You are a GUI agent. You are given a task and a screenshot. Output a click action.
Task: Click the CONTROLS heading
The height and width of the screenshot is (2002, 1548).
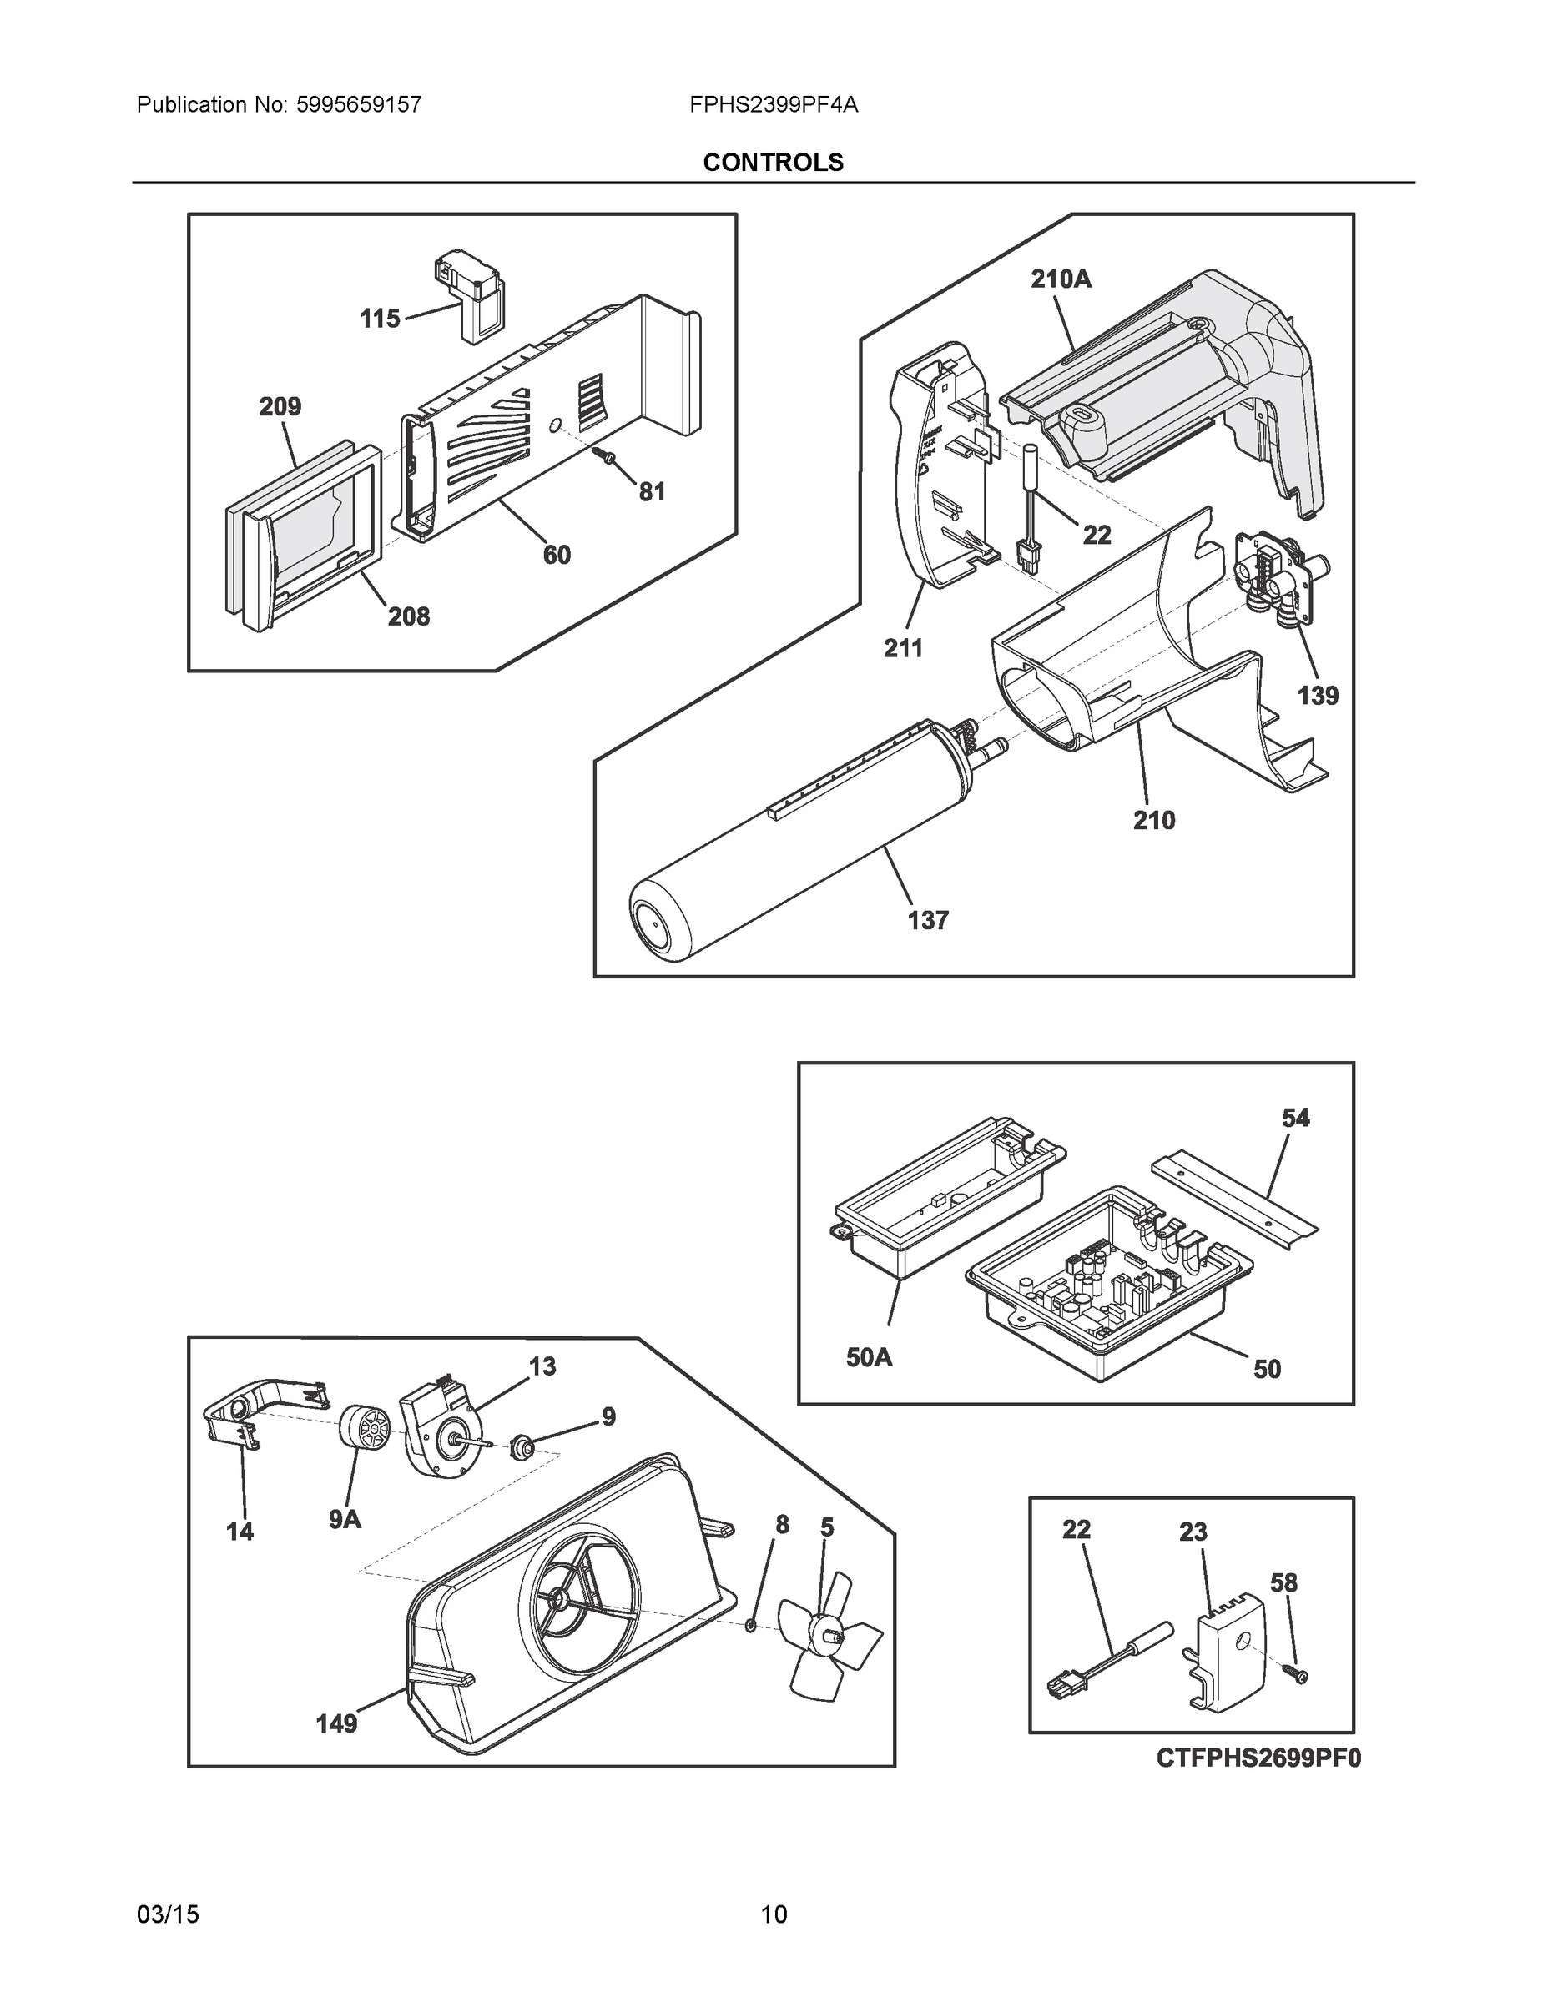pyautogui.click(x=773, y=163)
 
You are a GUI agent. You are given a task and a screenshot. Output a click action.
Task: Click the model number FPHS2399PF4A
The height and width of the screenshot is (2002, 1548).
pyautogui.click(x=773, y=104)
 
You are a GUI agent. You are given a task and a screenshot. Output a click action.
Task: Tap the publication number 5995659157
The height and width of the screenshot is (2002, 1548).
pyautogui.click(x=359, y=104)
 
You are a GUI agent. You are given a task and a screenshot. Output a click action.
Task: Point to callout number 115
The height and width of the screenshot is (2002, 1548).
pyautogui.click(x=380, y=319)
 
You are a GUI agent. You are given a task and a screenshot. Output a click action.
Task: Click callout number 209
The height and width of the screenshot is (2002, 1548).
pyautogui.click(x=280, y=406)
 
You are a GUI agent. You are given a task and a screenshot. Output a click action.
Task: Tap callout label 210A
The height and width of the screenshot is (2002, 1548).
pyautogui.click(x=1061, y=279)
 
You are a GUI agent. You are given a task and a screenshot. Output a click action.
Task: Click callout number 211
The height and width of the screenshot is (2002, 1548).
pyautogui.click(x=903, y=648)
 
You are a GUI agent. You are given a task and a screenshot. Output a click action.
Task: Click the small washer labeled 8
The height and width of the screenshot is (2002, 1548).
pyautogui.click(x=750, y=1625)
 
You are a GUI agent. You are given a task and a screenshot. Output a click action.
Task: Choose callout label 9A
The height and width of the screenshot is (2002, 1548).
pyautogui.click(x=345, y=1519)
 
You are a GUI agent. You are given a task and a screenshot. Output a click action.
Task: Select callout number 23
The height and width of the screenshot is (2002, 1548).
pyautogui.click(x=1193, y=1532)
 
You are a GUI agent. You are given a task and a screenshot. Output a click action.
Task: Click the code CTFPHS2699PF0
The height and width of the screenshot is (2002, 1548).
pyautogui.click(x=1258, y=1758)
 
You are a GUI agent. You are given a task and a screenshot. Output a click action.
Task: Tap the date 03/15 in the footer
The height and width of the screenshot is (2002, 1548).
pyautogui.click(x=168, y=1914)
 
